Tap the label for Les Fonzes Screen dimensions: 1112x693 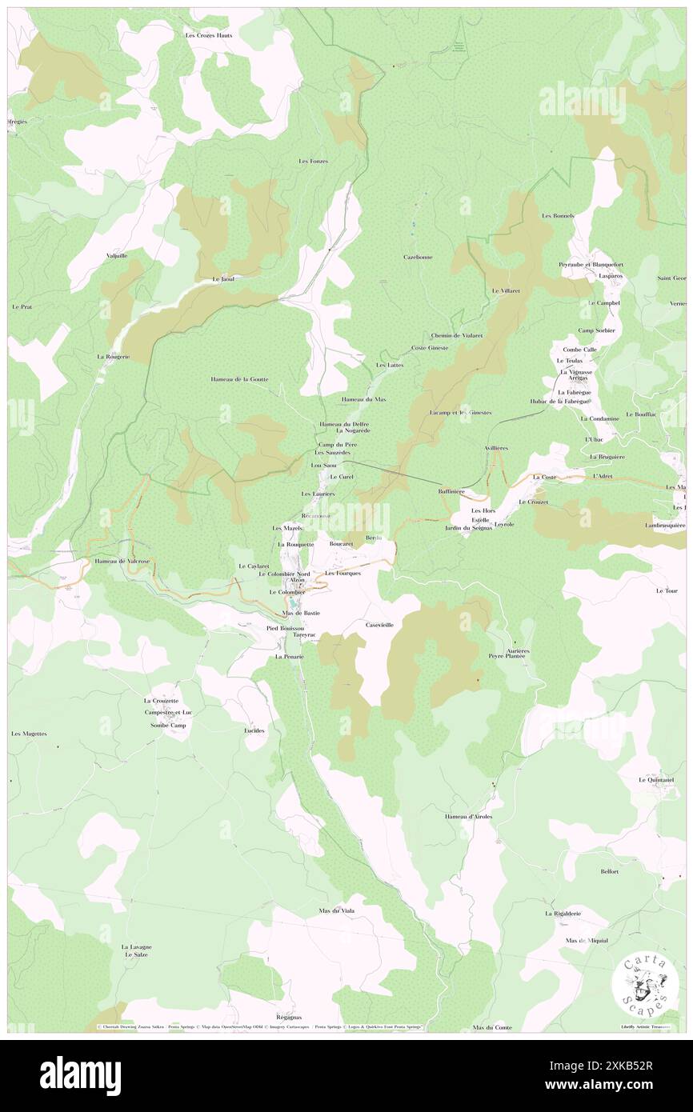pyautogui.click(x=314, y=161)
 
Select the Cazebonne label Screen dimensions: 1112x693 pyautogui.click(x=418, y=257)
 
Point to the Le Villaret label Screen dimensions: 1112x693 pyautogui.click(x=506, y=290)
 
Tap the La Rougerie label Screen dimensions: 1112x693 pyautogui.click(x=112, y=356)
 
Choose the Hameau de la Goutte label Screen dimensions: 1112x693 pyautogui.click(x=239, y=378)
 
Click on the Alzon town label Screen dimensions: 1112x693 pyautogui.click(x=297, y=580)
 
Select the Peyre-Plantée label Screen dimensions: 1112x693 pyautogui.click(x=507, y=656)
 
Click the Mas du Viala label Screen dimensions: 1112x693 pyautogui.click(x=336, y=910)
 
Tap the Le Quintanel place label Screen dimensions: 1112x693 pyautogui.click(x=655, y=779)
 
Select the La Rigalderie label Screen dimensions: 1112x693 pyautogui.click(x=564, y=913)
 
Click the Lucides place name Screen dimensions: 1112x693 pyautogui.click(x=254, y=730)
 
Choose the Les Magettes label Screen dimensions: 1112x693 pyautogui.click(x=29, y=734)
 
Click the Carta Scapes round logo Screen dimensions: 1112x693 pyautogui.click(x=644, y=984)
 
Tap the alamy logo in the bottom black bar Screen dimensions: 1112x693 pyautogui.click(x=80, y=1075)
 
